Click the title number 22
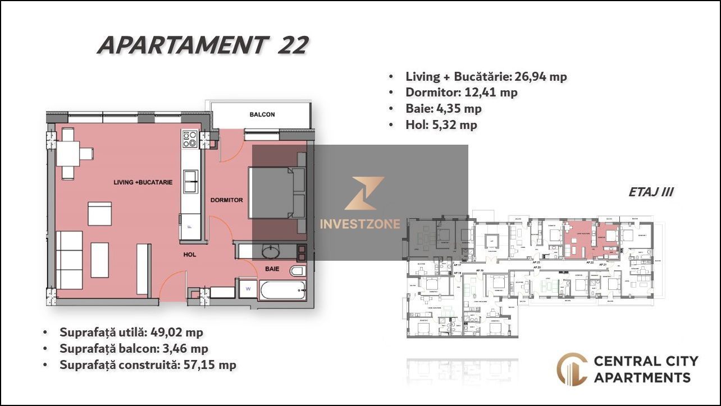pyautogui.click(x=293, y=45)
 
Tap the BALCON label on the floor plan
pyautogui.click(x=262, y=114)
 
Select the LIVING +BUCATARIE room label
pyautogui.click(x=143, y=182)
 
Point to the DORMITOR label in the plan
pyautogui.click(x=226, y=200)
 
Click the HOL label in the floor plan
pyautogui.click(x=190, y=254)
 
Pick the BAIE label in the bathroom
pyautogui.click(x=272, y=269)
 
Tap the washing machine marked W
pyautogui.click(x=247, y=289)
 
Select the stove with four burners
pyautogui.click(x=190, y=139)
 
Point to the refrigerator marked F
pyautogui.click(x=190, y=227)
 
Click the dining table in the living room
pyautogui.click(x=67, y=153)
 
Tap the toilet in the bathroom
pyautogui.click(x=298, y=271)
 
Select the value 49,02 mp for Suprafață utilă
pyautogui.click(x=176, y=332)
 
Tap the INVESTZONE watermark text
pyautogui.click(x=360, y=224)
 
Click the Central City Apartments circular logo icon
pyautogui.click(x=572, y=369)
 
